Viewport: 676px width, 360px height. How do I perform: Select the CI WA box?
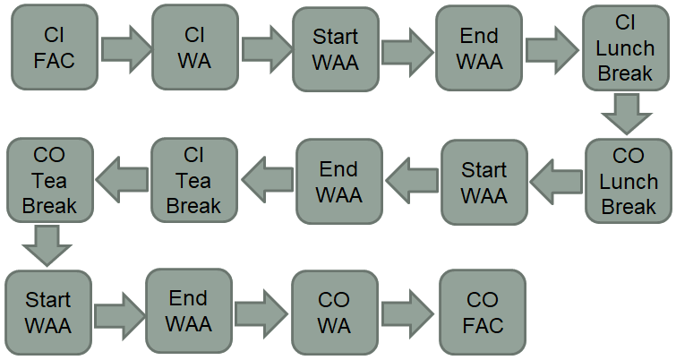coord(194,47)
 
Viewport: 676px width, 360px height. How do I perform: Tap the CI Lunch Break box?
coord(625,47)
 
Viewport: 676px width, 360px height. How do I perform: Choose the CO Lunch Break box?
coord(628,181)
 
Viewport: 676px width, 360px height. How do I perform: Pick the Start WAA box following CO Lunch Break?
coord(483,182)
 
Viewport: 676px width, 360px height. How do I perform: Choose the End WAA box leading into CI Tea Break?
coord(339,181)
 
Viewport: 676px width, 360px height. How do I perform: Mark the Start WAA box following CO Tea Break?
coord(48,313)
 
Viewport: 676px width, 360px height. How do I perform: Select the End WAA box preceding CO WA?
coord(189,311)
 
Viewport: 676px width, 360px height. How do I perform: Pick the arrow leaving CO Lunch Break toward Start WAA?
coord(555,182)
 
